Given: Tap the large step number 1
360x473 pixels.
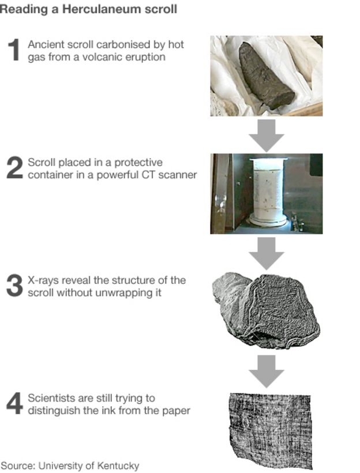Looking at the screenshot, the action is (14, 50).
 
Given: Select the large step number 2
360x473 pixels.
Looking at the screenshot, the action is (14, 167).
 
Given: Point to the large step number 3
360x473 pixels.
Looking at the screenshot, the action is (14, 286).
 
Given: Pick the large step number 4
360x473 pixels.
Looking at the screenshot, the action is (14, 403).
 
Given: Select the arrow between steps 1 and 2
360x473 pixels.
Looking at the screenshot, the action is (267, 136).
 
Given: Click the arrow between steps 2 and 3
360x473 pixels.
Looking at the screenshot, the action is (267, 253).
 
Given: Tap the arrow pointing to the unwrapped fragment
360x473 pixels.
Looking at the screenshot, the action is (267, 371).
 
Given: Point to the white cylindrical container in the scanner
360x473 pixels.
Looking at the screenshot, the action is (268, 192).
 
